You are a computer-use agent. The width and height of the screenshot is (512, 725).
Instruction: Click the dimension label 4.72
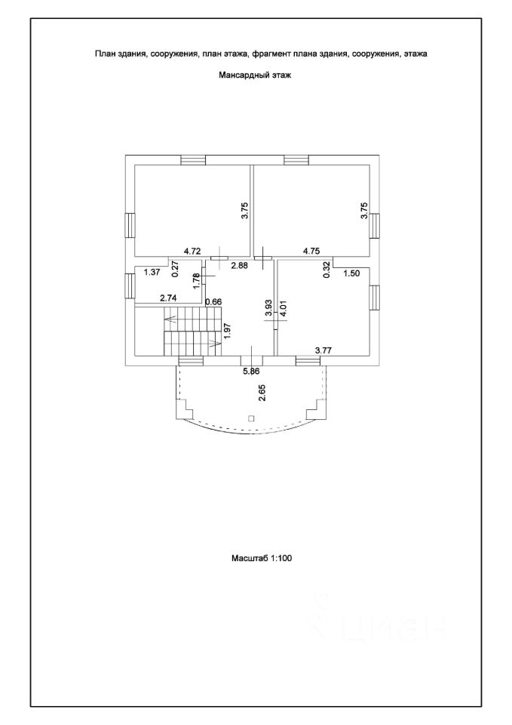point(192,251)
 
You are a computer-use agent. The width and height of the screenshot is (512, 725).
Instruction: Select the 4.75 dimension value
point(313,251)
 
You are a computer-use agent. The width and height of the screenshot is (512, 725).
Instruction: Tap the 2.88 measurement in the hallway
point(239,265)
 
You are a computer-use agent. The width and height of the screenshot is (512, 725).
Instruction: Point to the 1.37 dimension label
point(153,272)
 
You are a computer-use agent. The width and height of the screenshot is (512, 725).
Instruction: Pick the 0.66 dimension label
point(213,302)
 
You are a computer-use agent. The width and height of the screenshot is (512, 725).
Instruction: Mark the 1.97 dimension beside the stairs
point(226,331)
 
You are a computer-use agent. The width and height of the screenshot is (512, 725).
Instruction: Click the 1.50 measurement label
point(352,273)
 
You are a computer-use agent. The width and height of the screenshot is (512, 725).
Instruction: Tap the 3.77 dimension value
point(323,350)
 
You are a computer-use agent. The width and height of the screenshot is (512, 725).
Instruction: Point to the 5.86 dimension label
point(252,371)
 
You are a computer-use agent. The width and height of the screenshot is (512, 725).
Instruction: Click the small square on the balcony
point(252,418)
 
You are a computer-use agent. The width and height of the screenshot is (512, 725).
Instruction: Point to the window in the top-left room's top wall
point(193,159)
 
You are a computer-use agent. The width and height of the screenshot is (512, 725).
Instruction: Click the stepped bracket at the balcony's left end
point(185,409)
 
